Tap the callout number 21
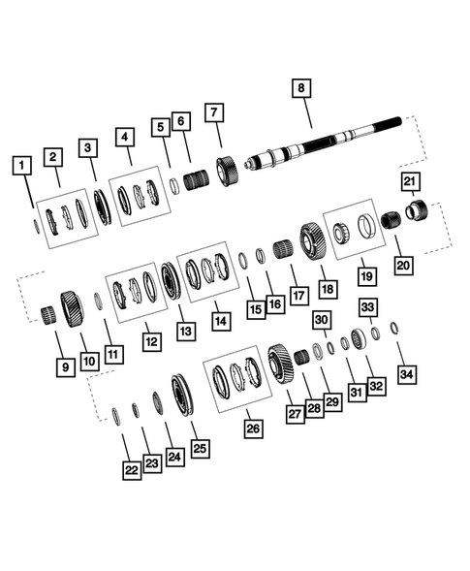(x=409, y=183)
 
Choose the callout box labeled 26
(x=253, y=428)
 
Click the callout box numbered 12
(x=150, y=340)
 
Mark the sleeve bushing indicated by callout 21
(x=419, y=210)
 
